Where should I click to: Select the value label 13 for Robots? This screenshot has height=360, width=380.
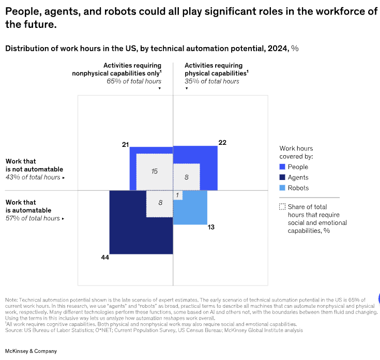[211, 227]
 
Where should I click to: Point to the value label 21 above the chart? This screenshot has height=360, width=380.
[125, 144]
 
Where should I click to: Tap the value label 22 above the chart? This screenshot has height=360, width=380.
[222, 142]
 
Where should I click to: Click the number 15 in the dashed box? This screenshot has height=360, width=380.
[154, 171]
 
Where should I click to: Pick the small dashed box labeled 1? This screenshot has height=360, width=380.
[177, 196]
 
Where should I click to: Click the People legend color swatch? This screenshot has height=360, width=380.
[282, 167]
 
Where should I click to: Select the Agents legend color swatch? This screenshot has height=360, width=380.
[282, 177]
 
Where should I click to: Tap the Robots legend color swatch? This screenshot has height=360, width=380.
[282, 188]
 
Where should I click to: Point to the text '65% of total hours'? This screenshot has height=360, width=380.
[134, 81]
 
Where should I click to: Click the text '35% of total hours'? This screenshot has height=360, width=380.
[212, 81]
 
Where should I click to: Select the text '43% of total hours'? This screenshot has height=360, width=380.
[33, 177]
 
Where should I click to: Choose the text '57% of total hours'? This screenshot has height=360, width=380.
[33, 218]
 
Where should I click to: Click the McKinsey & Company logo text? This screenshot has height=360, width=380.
[31, 351]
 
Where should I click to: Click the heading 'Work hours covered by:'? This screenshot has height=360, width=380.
[296, 152]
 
